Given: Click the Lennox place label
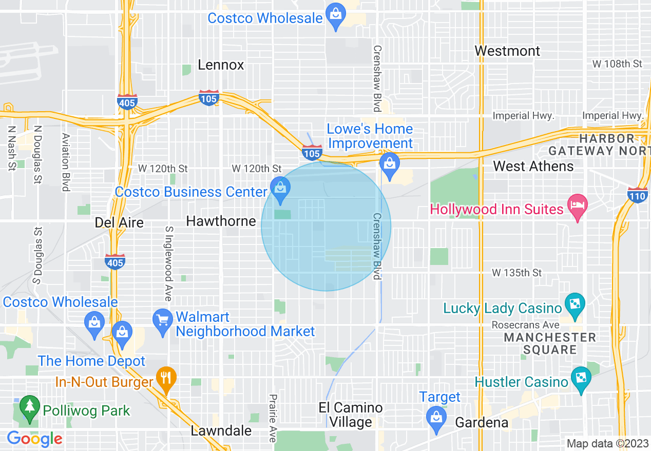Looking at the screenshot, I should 221,65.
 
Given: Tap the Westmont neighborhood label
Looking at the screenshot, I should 507,51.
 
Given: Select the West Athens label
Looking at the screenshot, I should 533,166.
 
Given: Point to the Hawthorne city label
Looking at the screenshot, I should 221,221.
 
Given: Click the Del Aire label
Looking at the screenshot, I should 119,222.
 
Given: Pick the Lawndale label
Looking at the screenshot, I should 221,430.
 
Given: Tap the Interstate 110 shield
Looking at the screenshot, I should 637,195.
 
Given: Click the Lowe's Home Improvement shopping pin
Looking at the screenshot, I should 390,164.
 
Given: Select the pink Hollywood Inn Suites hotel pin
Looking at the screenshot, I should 578,207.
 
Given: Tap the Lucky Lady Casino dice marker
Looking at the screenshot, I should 573,306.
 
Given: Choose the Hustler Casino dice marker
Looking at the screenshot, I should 581,379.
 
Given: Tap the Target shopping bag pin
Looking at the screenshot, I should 436,416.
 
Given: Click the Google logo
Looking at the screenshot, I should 34,439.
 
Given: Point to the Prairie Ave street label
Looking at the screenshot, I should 273,418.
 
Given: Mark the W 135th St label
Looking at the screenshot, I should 516,273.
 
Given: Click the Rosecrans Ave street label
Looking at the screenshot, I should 525,325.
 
